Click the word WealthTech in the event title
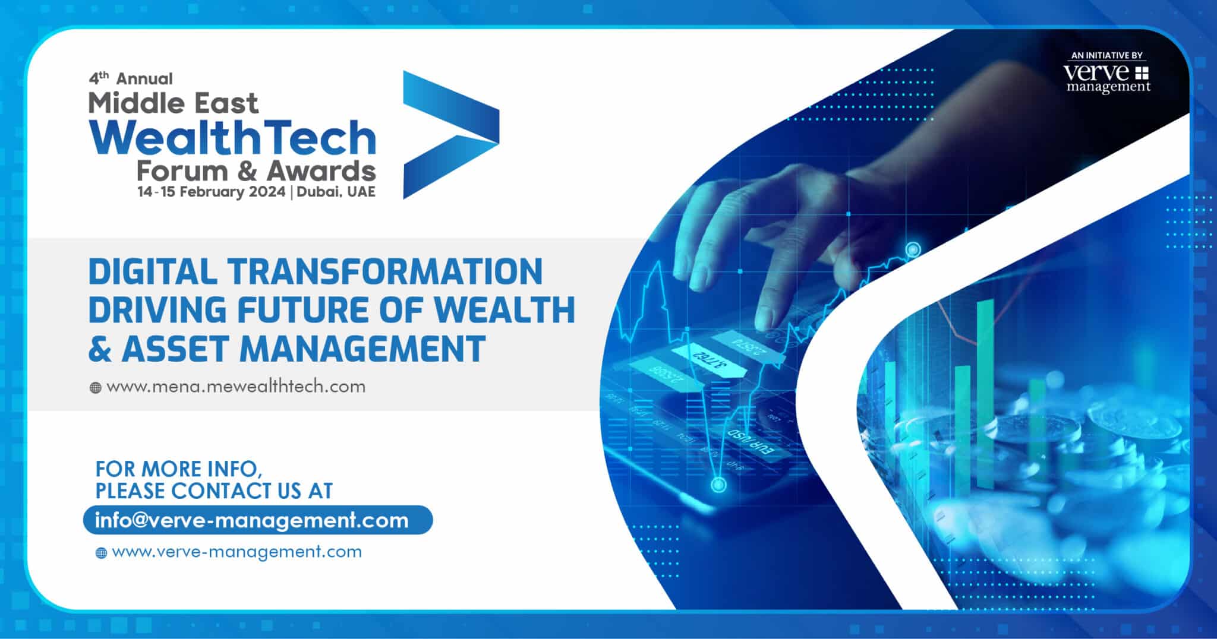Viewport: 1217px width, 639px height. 232,137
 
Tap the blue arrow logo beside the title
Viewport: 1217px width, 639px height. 451,135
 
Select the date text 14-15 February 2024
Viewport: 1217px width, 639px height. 211,192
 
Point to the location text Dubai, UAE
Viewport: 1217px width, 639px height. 336,192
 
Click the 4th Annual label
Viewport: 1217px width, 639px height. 131,78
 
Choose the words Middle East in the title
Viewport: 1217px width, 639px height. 174,103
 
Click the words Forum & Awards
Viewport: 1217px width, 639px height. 256,171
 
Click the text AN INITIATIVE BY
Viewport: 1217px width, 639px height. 1106,55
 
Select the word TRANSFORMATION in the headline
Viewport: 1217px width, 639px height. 385,271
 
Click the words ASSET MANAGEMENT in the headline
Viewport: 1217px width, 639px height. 304,349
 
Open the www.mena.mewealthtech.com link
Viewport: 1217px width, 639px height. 236,387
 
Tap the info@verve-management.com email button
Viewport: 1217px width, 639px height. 257,520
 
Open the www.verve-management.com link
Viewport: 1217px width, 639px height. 237,552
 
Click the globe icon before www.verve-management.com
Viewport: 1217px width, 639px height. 101,553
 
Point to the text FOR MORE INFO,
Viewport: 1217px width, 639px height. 178,469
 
